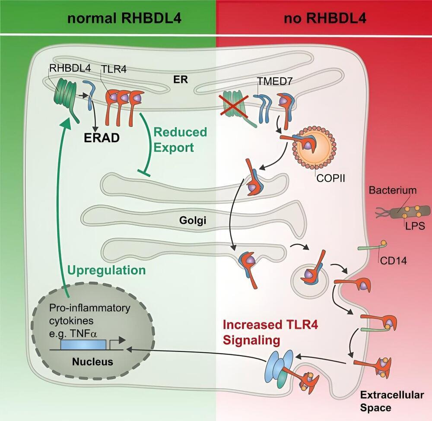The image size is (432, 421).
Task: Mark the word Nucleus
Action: point(92,362)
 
